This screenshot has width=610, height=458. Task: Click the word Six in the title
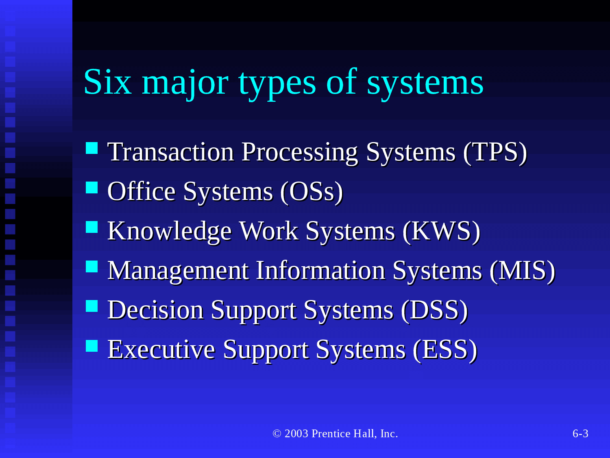pyautogui.click(x=107, y=82)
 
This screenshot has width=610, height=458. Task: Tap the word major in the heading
pyautogui.click(x=185, y=85)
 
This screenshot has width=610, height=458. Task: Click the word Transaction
pyautogui.click(x=171, y=152)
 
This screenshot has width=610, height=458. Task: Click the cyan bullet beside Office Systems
pyautogui.click(x=92, y=187)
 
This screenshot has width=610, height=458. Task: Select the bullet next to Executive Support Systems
pyautogui.click(x=92, y=346)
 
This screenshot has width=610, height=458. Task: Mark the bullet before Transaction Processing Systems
pyautogui.click(x=92, y=148)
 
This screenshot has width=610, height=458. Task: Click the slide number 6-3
pyautogui.click(x=580, y=434)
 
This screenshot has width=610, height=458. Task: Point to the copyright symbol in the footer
pyautogui.click(x=277, y=434)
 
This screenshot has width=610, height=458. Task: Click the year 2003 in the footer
pyautogui.click(x=296, y=434)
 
